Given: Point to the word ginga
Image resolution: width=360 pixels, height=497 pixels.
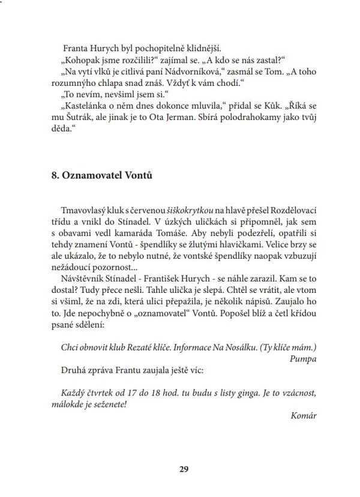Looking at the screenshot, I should point(250,392).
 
